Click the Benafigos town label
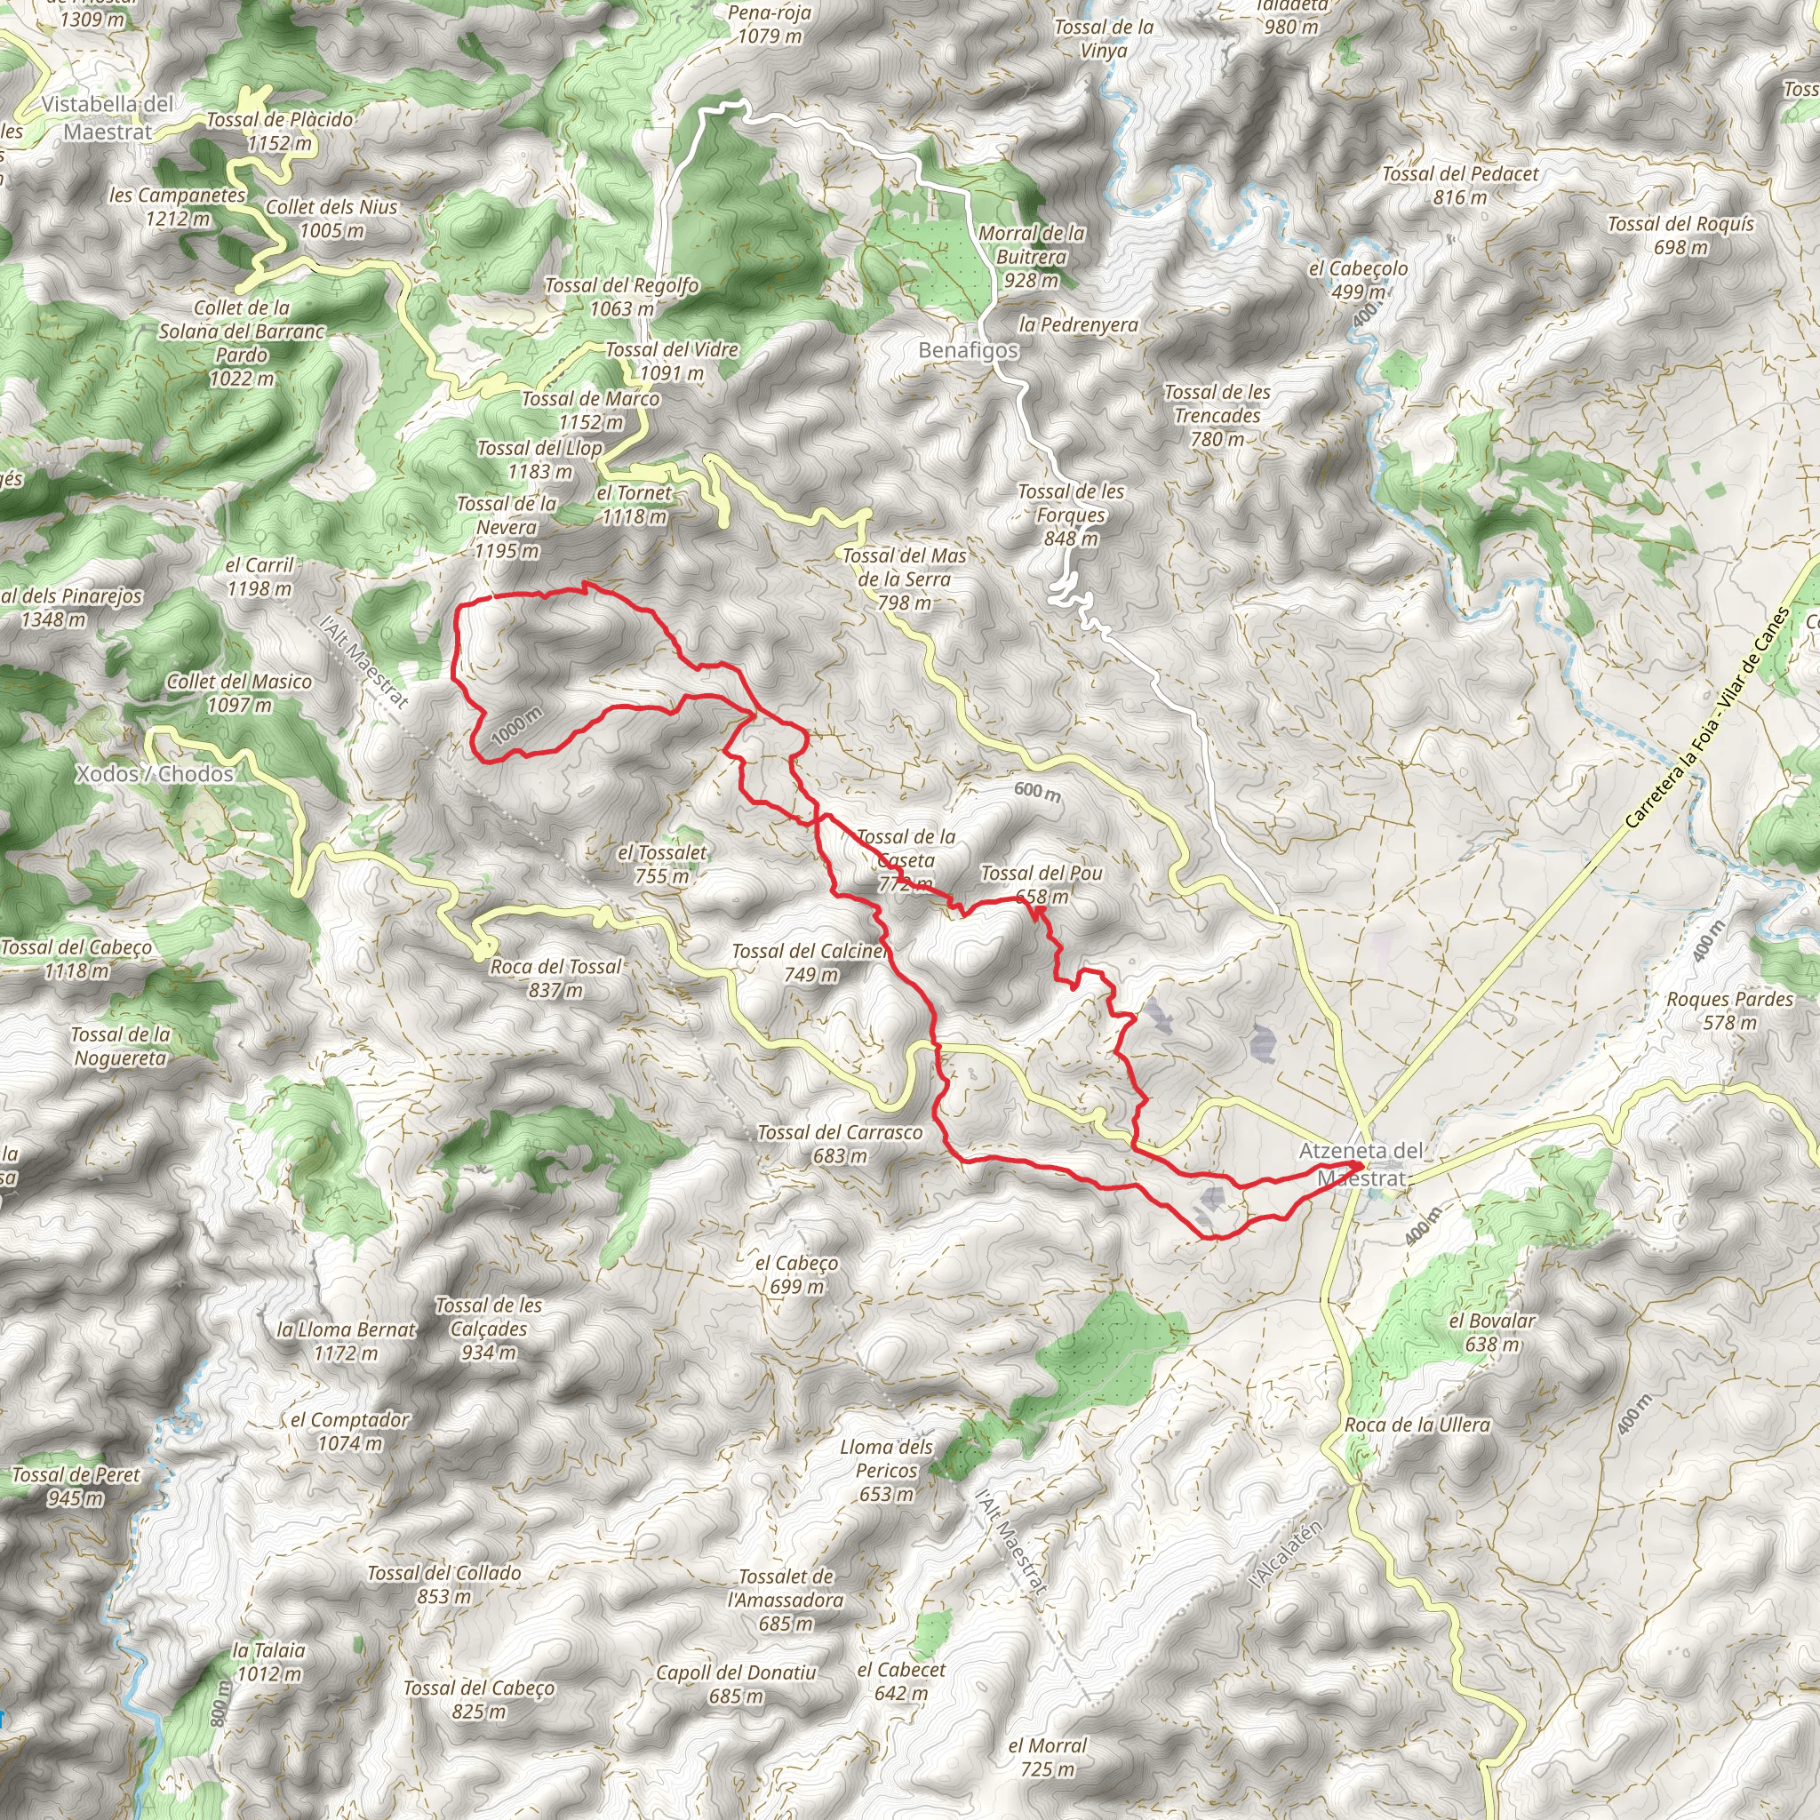968,350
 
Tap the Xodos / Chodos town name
155,773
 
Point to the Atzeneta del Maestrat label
1361,1163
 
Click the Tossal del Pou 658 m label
1041,884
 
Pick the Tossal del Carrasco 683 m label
839,1144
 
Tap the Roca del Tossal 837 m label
555,978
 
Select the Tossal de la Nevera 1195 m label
507,528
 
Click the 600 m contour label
1037,791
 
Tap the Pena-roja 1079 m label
770,25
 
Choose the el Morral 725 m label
1047,1757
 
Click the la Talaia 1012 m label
268,1662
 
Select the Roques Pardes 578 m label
1729,1010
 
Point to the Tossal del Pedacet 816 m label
1460,185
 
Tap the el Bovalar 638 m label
1491,1332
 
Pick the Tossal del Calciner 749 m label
810,962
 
